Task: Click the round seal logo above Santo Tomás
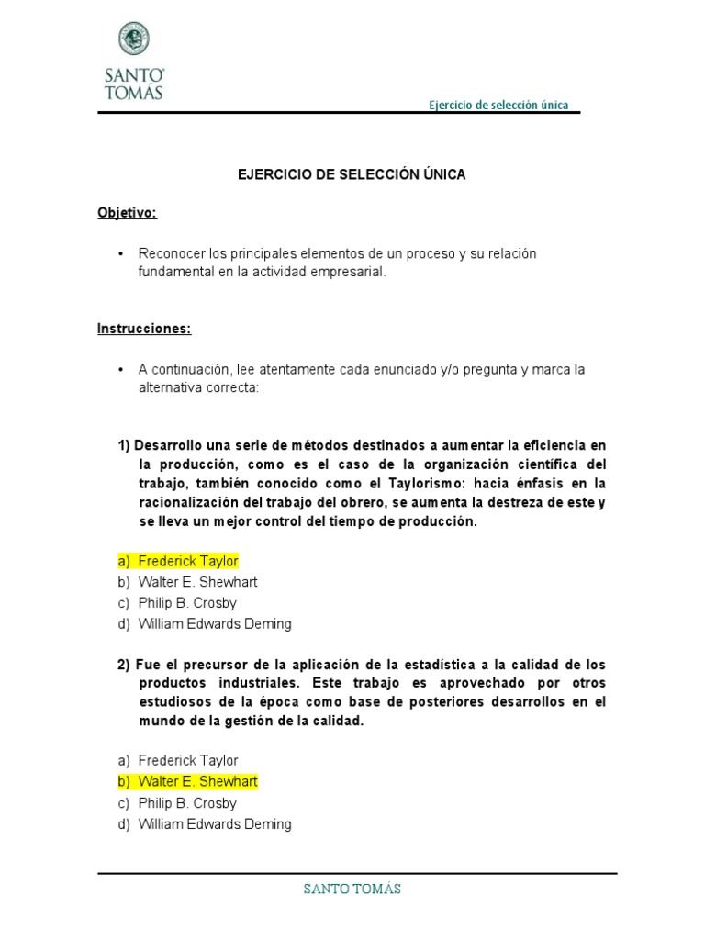[133, 39]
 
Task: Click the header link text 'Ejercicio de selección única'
[498, 105]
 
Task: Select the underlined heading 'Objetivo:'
[128, 213]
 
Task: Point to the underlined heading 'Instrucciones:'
[144, 330]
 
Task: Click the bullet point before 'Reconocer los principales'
[121, 253]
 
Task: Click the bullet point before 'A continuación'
[121, 369]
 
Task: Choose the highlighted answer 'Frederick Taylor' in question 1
[187, 561]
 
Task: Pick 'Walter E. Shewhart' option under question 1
[197, 582]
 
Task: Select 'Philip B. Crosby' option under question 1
[187, 603]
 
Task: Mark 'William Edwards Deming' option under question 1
[215, 624]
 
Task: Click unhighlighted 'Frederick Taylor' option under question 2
[187, 760]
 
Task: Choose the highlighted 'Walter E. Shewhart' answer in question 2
[197, 781]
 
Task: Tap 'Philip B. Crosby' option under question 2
[187, 803]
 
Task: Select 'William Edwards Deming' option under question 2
[215, 824]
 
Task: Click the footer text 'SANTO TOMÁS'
[352, 889]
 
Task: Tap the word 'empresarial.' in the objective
[350, 273]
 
